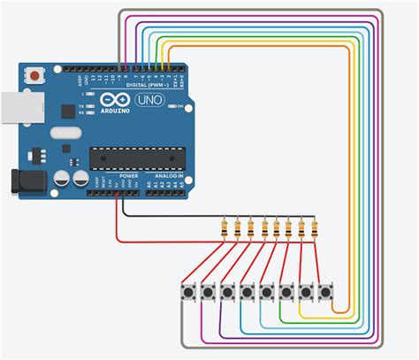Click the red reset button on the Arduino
pyautogui.click(x=34, y=76)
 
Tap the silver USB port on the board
pyautogui.click(x=11, y=110)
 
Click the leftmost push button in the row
pyautogui.click(x=188, y=291)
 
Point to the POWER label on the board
pyautogui.click(x=128, y=175)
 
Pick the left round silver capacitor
pyautogui.click(x=63, y=178)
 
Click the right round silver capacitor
pyautogui.click(x=80, y=178)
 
